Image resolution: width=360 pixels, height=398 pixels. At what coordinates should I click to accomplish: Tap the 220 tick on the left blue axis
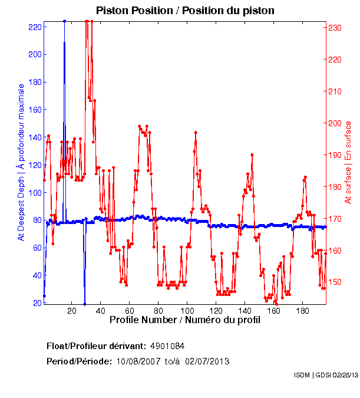35,27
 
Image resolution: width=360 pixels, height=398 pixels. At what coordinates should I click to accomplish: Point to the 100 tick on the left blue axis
35,193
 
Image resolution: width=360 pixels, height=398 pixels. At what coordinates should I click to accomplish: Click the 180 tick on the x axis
302,311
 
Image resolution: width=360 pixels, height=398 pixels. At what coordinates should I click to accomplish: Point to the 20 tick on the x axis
71,311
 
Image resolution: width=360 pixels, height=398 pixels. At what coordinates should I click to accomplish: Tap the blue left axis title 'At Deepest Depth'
21,162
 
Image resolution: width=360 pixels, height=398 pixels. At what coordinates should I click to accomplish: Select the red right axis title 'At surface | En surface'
348,162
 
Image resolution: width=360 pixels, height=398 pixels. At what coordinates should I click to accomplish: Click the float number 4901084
171,346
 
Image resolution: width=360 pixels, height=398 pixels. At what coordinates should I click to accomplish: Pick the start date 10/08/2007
137,361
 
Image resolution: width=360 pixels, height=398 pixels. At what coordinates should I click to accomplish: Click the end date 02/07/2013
207,361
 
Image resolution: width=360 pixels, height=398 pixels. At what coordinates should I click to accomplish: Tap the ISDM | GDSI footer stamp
325,375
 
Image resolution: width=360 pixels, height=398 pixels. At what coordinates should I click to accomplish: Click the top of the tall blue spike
64,21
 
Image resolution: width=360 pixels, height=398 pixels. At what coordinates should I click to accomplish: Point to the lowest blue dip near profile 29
84,304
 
